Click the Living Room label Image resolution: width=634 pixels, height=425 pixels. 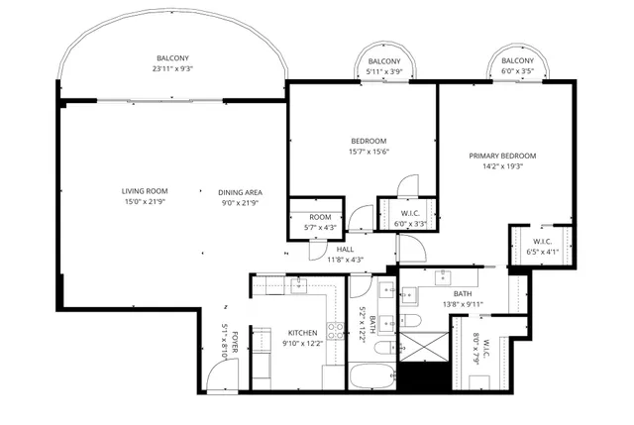click(x=146, y=191)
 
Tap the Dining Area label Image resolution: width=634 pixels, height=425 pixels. click(x=241, y=191)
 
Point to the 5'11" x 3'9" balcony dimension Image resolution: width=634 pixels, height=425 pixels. click(x=383, y=71)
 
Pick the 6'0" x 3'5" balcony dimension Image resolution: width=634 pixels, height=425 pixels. click(x=516, y=71)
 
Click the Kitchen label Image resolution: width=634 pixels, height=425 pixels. click(x=301, y=334)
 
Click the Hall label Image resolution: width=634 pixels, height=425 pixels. click(x=345, y=250)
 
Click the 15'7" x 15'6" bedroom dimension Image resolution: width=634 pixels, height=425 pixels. click(x=369, y=151)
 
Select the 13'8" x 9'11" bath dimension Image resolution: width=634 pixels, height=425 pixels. click(x=464, y=304)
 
